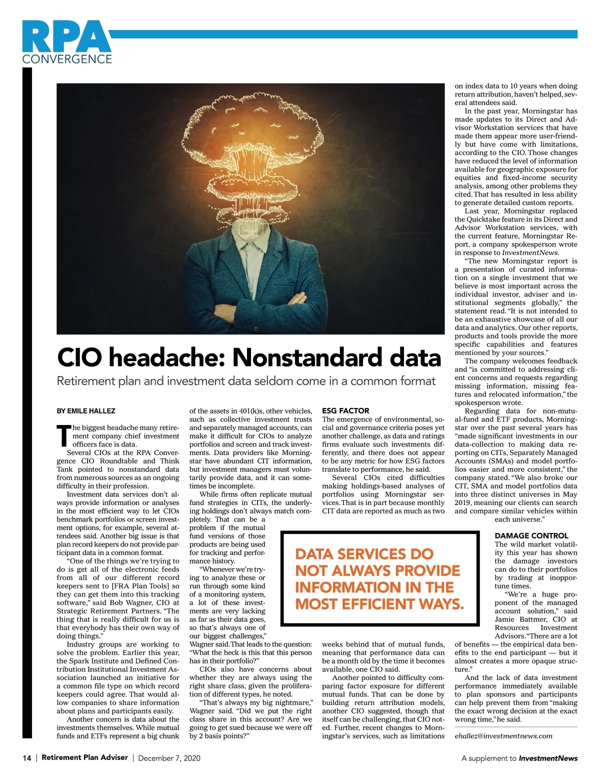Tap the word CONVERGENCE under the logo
[x=67, y=59]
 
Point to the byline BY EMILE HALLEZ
[x=85, y=411]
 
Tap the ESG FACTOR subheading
[x=345, y=411]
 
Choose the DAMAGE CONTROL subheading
[x=531, y=535]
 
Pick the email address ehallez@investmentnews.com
[x=503, y=735]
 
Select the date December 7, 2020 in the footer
[x=169, y=758]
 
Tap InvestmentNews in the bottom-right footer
[x=548, y=758]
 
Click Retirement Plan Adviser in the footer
[x=84, y=757]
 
